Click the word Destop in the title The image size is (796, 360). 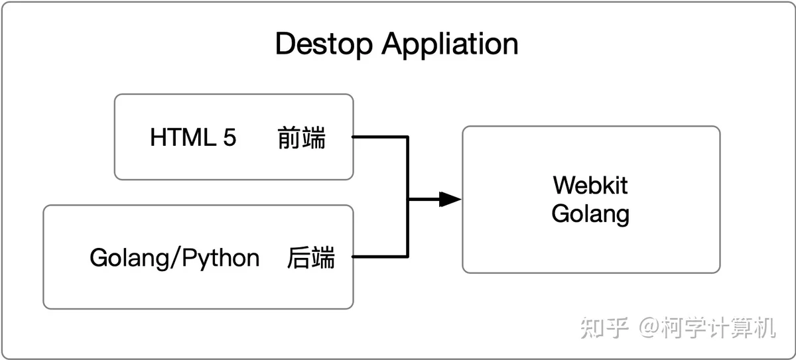click(x=324, y=44)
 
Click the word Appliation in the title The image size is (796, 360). click(x=450, y=44)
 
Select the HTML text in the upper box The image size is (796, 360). click(x=183, y=137)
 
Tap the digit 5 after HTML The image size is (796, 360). click(x=230, y=137)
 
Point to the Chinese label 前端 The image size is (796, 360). click(x=301, y=137)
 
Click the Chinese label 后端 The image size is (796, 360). click(x=311, y=257)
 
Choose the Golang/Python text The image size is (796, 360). click(x=174, y=259)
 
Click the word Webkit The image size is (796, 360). click(x=590, y=185)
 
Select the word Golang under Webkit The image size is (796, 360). click(x=590, y=214)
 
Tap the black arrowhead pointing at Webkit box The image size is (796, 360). click(x=450, y=199)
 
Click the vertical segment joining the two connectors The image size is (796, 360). click(x=407, y=197)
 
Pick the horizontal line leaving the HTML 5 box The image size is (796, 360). click(x=380, y=137)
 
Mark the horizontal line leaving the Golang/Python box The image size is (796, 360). click(x=380, y=257)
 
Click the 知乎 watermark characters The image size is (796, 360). click(x=604, y=328)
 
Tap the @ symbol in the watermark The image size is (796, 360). click(x=649, y=327)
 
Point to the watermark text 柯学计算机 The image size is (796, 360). click(x=718, y=328)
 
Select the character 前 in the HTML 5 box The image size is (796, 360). click(x=289, y=137)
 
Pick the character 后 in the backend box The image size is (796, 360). click(x=299, y=257)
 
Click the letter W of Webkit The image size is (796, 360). click(x=565, y=185)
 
